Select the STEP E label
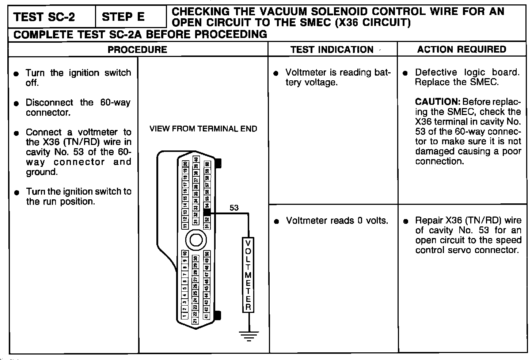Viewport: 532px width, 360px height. [123, 17]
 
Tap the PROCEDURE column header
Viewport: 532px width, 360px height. [137, 50]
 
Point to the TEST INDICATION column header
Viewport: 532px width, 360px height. [332, 50]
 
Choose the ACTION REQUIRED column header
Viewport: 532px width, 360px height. [462, 49]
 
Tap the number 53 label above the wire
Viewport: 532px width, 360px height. [234, 208]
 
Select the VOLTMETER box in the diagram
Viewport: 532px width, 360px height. [248, 275]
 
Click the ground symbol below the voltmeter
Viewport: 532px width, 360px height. [249, 335]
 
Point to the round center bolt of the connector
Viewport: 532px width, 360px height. [196, 240]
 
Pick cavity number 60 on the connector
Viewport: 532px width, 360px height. [207, 165]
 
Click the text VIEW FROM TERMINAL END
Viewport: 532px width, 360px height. [203, 129]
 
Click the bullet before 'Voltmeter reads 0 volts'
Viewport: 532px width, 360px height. [277, 221]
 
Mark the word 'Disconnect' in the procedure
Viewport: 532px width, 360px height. [49, 103]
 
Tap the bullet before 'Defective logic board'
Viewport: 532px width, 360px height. [405, 73]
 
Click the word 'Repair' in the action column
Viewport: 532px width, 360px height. [429, 221]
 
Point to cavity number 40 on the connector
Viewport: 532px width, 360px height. [196, 160]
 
